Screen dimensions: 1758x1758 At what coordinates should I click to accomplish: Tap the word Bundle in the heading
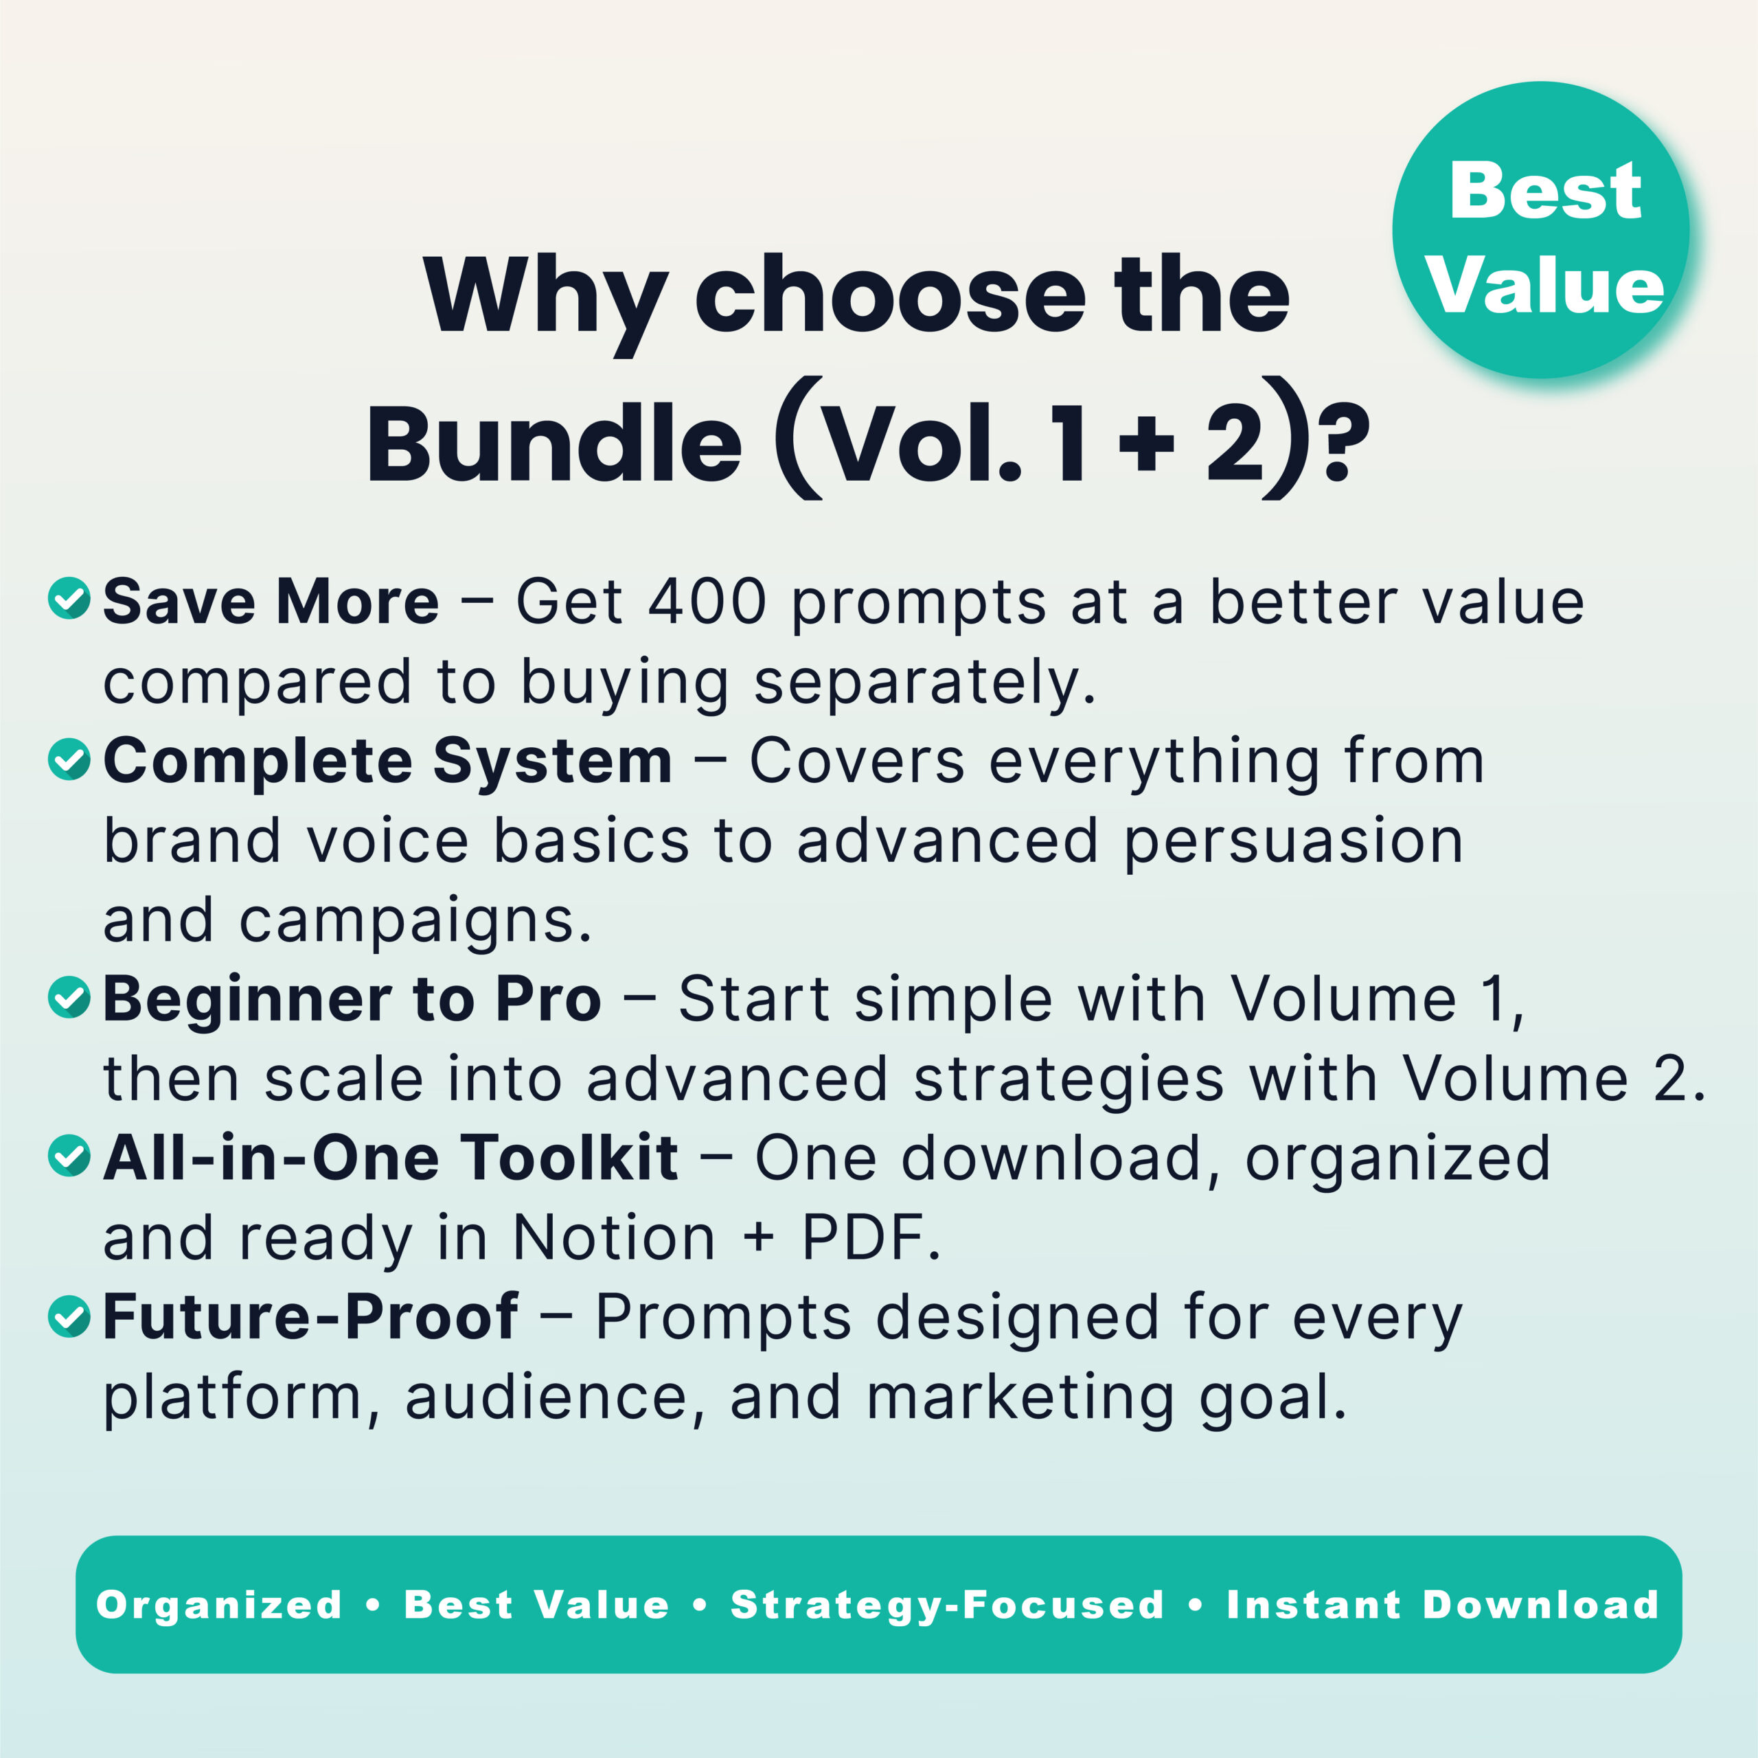(554, 445)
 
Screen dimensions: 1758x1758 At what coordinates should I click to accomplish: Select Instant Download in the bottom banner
(1442, 1605)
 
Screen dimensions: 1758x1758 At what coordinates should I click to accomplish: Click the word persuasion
(1293, 843)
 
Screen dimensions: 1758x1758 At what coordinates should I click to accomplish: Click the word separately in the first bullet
(924, 683)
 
